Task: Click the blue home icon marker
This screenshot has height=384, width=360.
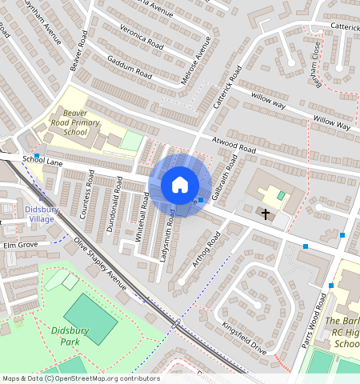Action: (180, 186)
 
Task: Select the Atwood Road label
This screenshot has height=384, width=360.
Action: (234, 146)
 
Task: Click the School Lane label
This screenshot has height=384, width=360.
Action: (42, 160)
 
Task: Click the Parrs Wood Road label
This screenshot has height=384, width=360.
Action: (321, 315)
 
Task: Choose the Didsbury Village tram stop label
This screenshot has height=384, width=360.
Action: (35, 213)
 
